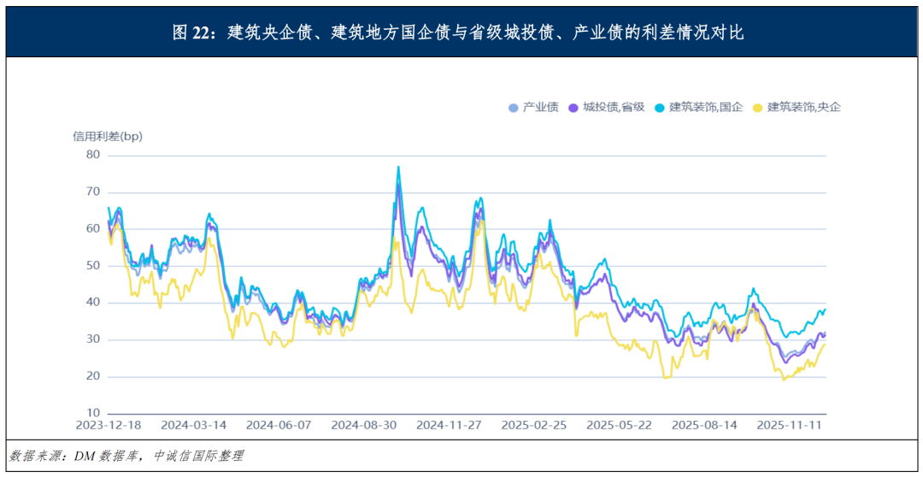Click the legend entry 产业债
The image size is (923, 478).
point(540,107)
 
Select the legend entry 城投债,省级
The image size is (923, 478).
point(614,107)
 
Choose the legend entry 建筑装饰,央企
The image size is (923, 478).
point(803,107)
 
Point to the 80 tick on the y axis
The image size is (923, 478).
point(92,155)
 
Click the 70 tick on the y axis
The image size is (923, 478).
point(92,192)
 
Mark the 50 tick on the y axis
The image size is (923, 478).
point(92,266)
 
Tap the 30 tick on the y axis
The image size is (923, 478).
point(92,339)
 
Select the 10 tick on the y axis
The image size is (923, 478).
point(92,413)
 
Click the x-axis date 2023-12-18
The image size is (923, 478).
point(108,424)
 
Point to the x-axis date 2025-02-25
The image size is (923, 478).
point(533,424)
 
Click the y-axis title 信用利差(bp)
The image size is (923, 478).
point(108,136)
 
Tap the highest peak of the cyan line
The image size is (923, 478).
point(398,167)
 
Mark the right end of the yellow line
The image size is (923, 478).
point(826,344)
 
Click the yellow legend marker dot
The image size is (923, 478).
point(760,108)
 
